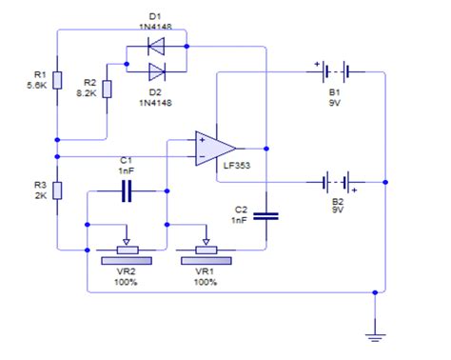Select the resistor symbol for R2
[108, 89]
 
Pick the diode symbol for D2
[155, 71]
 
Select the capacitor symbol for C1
[127, 192]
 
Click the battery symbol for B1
[334, 70]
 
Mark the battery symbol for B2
[334, 181]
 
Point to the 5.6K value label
[37, 85]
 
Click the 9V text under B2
[336, 210]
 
